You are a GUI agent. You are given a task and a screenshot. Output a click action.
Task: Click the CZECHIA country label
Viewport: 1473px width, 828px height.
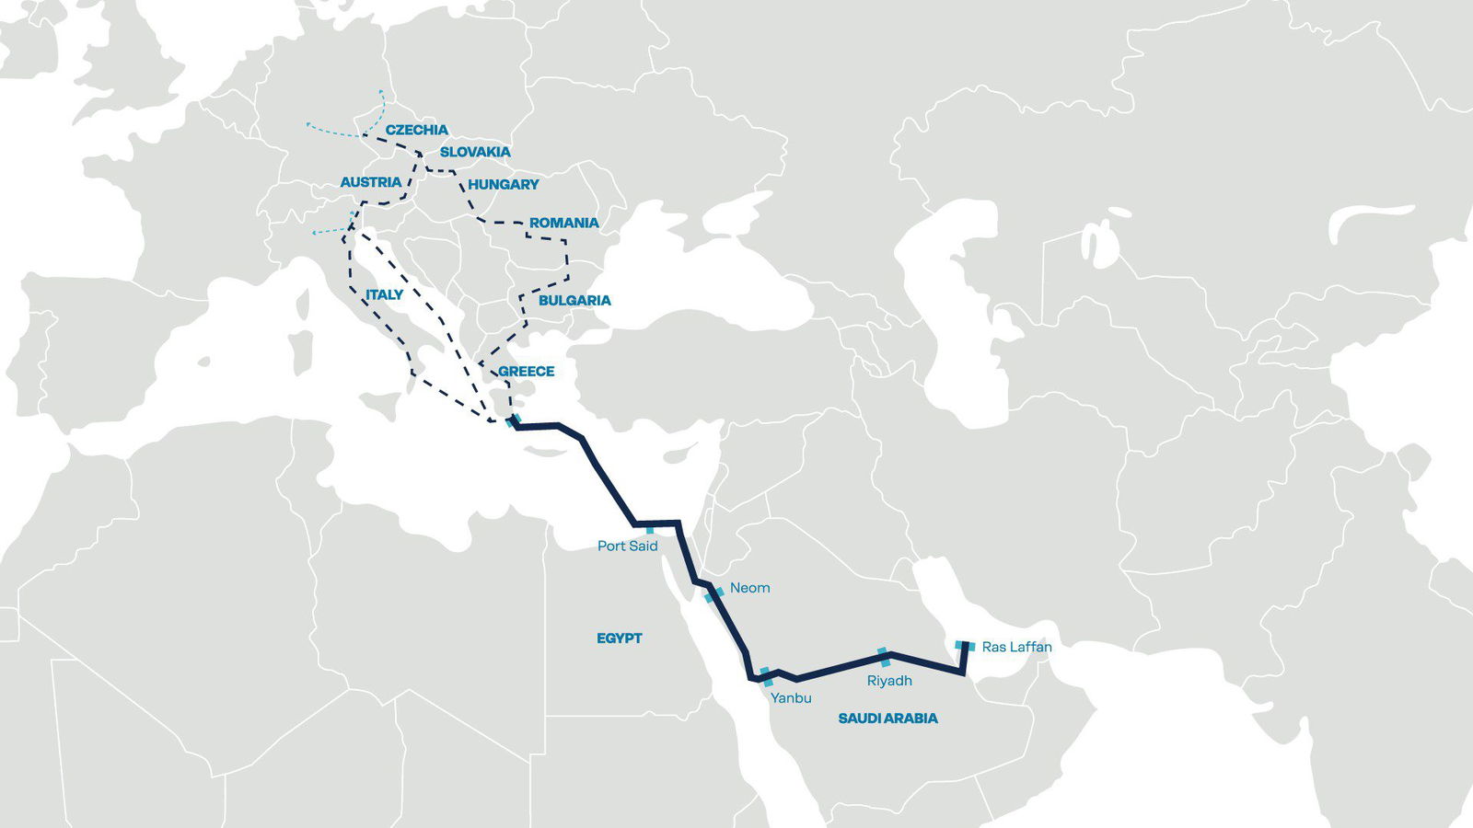pyautogui.click(x=416, y=130)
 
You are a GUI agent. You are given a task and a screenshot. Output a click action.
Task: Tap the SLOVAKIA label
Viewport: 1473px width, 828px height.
pyautogui.click(x=475, y=152)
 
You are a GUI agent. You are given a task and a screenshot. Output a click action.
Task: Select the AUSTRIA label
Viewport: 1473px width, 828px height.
pyautogui.click(x=371, y=182)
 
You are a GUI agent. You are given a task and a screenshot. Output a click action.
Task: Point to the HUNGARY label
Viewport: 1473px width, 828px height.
pyautogui.click(x=504, y=184)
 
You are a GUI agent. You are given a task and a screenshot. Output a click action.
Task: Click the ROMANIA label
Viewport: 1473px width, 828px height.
pyautogui.click(x=563, y=223)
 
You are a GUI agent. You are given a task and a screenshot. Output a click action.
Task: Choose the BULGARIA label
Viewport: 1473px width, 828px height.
pyautogui.click(x=574, y=300)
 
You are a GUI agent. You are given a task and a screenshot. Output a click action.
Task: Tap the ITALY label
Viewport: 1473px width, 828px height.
pyautogui.click(x=384, y=294)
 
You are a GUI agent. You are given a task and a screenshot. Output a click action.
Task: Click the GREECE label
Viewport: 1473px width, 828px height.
pyautogui.click(x=527, y=371)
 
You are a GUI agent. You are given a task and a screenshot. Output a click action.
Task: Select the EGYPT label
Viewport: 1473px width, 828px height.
pyautogui.click(x=620, y=638)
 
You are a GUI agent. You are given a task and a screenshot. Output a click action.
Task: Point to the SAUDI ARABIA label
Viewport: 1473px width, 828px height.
pyautogui.click(x=887, y=718)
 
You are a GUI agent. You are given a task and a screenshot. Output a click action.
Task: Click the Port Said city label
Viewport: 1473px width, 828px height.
pyautogui.click(x=628, y=546)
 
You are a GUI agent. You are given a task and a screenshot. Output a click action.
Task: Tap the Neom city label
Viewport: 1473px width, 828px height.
pyautogui.click(x=749, y=588)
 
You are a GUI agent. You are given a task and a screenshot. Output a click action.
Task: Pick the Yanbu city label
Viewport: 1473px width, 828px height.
pyautogui.click(x=791, y=697)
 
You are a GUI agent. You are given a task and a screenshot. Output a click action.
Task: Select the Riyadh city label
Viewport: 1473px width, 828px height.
pyautogui.click(x=889, y=681)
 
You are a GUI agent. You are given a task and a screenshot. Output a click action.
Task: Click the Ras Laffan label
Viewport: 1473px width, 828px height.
pyautogui.click(x=1016, y=647)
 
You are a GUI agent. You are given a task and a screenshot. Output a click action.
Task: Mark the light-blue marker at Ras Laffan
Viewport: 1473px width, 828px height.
pyautogui.click(x=964, y=646)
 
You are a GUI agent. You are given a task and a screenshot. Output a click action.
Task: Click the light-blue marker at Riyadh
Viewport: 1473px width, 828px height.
pyautogui.click(x=884, y=657)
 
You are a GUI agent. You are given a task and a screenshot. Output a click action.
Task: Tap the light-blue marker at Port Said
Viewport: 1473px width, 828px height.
pyautogui.click(x=650, y=529)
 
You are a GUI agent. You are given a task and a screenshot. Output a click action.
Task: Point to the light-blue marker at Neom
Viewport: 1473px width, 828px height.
pyautogui.click(x=713, y=594)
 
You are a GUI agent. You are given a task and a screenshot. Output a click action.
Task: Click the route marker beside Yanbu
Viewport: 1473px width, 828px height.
pyautogui.click(x=766, y=676)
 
